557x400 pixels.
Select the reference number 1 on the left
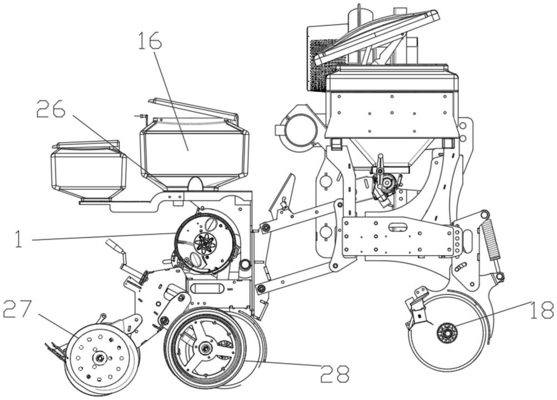pyautogui.click(x=18, y=240)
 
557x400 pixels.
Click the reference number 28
pyautogui.click(x=335, y=373)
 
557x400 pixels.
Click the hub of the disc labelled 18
pyautogui.click(x=447, y=333)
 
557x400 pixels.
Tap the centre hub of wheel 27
pyautogui.click(x=100, y=357)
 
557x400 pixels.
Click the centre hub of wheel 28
pyautogui.click(x=206, y=349)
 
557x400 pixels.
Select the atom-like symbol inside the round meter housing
pyautogui.click(x=204, y=243)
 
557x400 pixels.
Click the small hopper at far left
pyautogui.click(x=88, y=170)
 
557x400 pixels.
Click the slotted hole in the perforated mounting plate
pyautogui.click(x=398, y=227)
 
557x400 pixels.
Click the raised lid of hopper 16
pyautogui.click(x=193, y=108)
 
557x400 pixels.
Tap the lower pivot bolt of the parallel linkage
pyautogui.click(x=261, y=288)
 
